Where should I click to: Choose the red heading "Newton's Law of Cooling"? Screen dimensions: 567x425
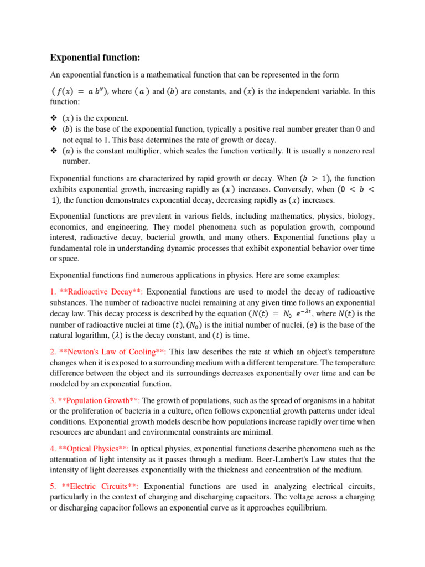pyautogui.click(x=113, y=352)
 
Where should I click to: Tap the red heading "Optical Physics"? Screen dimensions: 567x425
pyautogui.click(x=94, y=449)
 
